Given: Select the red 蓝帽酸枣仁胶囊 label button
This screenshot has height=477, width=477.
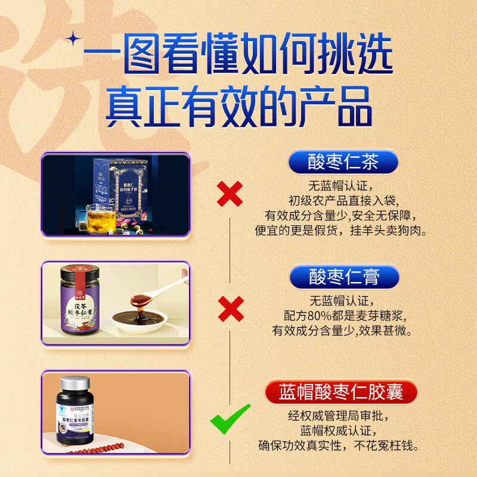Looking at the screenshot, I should coord(341,392).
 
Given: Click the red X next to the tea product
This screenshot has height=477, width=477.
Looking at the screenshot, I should coord(230,194).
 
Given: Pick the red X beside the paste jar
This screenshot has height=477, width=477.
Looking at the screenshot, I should coord(230,308).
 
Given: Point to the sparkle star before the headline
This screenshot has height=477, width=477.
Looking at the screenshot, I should coord(75,39).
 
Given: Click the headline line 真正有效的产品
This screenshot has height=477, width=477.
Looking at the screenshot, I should coord(238,107).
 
